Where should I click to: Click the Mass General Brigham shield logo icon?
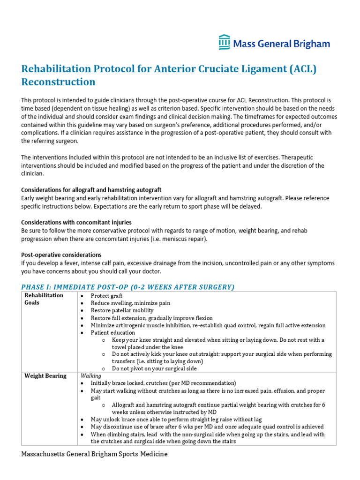point(225,42)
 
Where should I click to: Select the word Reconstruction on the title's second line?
point(58,82)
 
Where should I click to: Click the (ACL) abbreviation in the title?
point(303,69)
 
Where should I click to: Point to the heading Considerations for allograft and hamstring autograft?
point(91,190)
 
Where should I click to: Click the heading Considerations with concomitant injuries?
point(76,222)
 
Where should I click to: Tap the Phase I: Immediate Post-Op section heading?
point(127,287)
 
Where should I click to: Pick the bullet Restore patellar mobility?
point(122,310)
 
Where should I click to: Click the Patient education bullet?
point(112,333)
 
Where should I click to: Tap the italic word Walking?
point(91,376)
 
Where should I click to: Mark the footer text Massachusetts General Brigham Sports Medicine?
point(94,454)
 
